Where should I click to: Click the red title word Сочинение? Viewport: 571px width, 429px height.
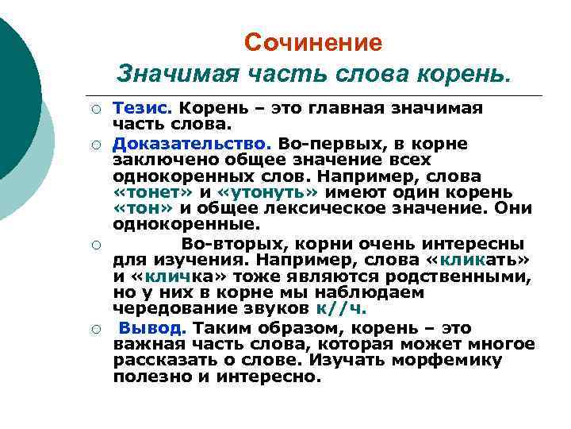point(312,42)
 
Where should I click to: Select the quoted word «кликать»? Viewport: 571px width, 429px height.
point(487,260)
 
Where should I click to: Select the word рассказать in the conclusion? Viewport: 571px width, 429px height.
point(165,360)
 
